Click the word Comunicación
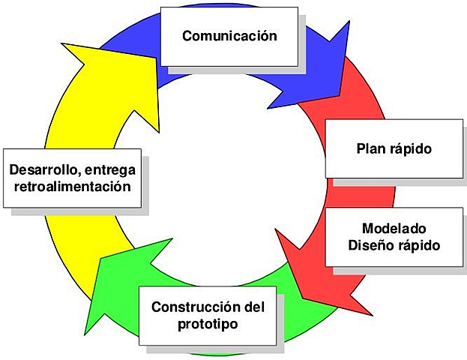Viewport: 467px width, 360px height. tap(229, 36)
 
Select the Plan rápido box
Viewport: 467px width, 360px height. tap(394, 148)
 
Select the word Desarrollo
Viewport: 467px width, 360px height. tap(44, 168)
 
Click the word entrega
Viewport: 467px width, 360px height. tap(112, 168)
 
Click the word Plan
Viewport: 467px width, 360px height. tap(370, 148)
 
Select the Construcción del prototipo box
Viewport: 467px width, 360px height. tap(208, 316)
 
